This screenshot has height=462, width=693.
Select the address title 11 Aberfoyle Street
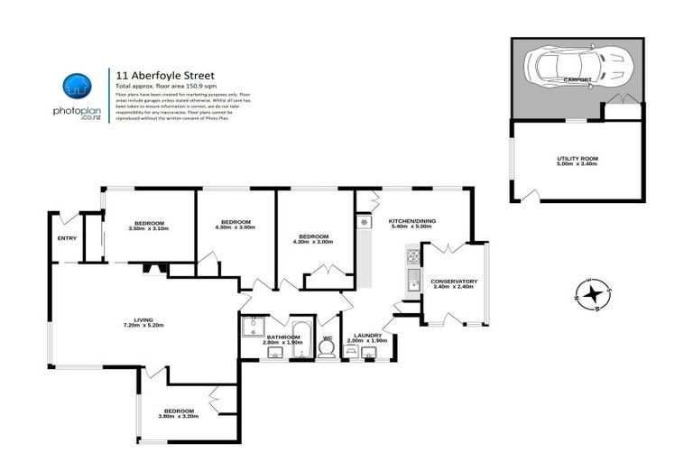click(x=164, y=76)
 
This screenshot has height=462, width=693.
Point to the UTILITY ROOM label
click(x=577, y=158)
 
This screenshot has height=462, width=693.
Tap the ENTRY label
click(x=67, y=238)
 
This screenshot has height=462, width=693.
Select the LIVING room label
click(x=143, y=319)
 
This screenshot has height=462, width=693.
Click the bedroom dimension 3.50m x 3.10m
click(x=149, y=228)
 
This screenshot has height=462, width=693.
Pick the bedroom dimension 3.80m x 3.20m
click(x=178, y=416)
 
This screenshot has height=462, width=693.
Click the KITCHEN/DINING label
click(x=411, y=221)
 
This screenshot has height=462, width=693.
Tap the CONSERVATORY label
click(x=453, y=282)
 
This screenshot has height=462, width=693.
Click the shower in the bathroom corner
click(x=254, y=326)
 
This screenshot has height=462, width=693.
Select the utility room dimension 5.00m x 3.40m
click(x=577, y=164)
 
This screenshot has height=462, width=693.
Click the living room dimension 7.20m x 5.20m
click(x=143, y=326)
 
